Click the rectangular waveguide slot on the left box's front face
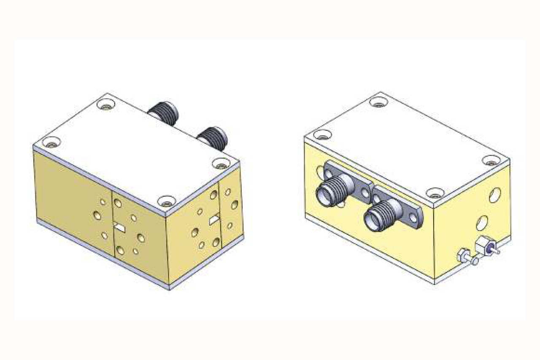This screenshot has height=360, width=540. point(119,228)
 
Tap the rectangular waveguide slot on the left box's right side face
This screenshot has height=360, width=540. point(215,219)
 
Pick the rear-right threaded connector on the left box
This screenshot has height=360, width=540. point(213,136)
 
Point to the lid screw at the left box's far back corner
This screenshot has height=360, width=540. point(104,104)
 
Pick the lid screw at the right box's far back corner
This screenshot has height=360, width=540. point(378,102)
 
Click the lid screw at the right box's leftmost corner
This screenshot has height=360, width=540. point(323,135)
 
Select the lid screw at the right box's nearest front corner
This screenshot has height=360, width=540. point(435,193)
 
